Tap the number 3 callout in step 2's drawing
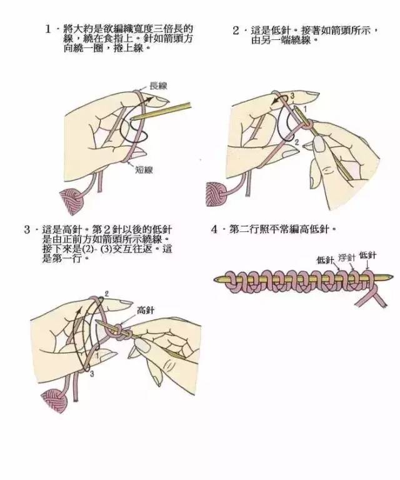coord(291,95)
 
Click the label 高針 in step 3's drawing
coord(145,310)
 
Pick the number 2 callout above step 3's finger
coord(107,293)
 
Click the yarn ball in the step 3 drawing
coord(53,399)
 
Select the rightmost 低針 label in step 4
coord(368,254)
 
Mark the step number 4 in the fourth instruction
coord(214,229)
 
